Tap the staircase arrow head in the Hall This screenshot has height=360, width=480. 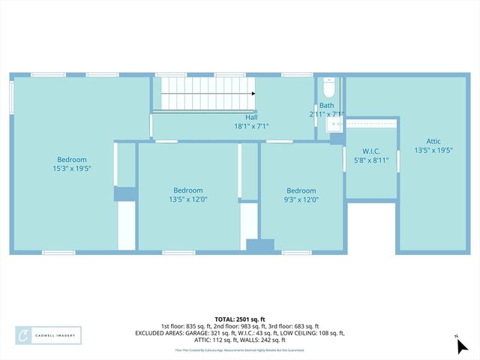tap(253, 94)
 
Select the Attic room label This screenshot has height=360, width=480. tap(433, 141)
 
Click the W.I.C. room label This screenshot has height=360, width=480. tap(371, 151)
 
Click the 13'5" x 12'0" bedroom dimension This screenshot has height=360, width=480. tap(188, 199)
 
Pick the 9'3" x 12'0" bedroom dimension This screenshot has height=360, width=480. tap(301, 199)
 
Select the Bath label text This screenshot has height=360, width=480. tap(327, 106)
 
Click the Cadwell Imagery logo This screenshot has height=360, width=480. tap(49, 334)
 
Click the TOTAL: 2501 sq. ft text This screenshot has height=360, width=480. tap(239, 318)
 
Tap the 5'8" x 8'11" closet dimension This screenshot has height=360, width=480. tap(371, 160)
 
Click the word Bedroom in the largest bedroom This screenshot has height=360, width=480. tap(73, 159)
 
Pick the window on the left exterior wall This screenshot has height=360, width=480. tap(12, 97)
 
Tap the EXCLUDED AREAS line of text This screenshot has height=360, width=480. tap(239, 333)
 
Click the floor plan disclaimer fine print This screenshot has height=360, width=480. tap(239, 349)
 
